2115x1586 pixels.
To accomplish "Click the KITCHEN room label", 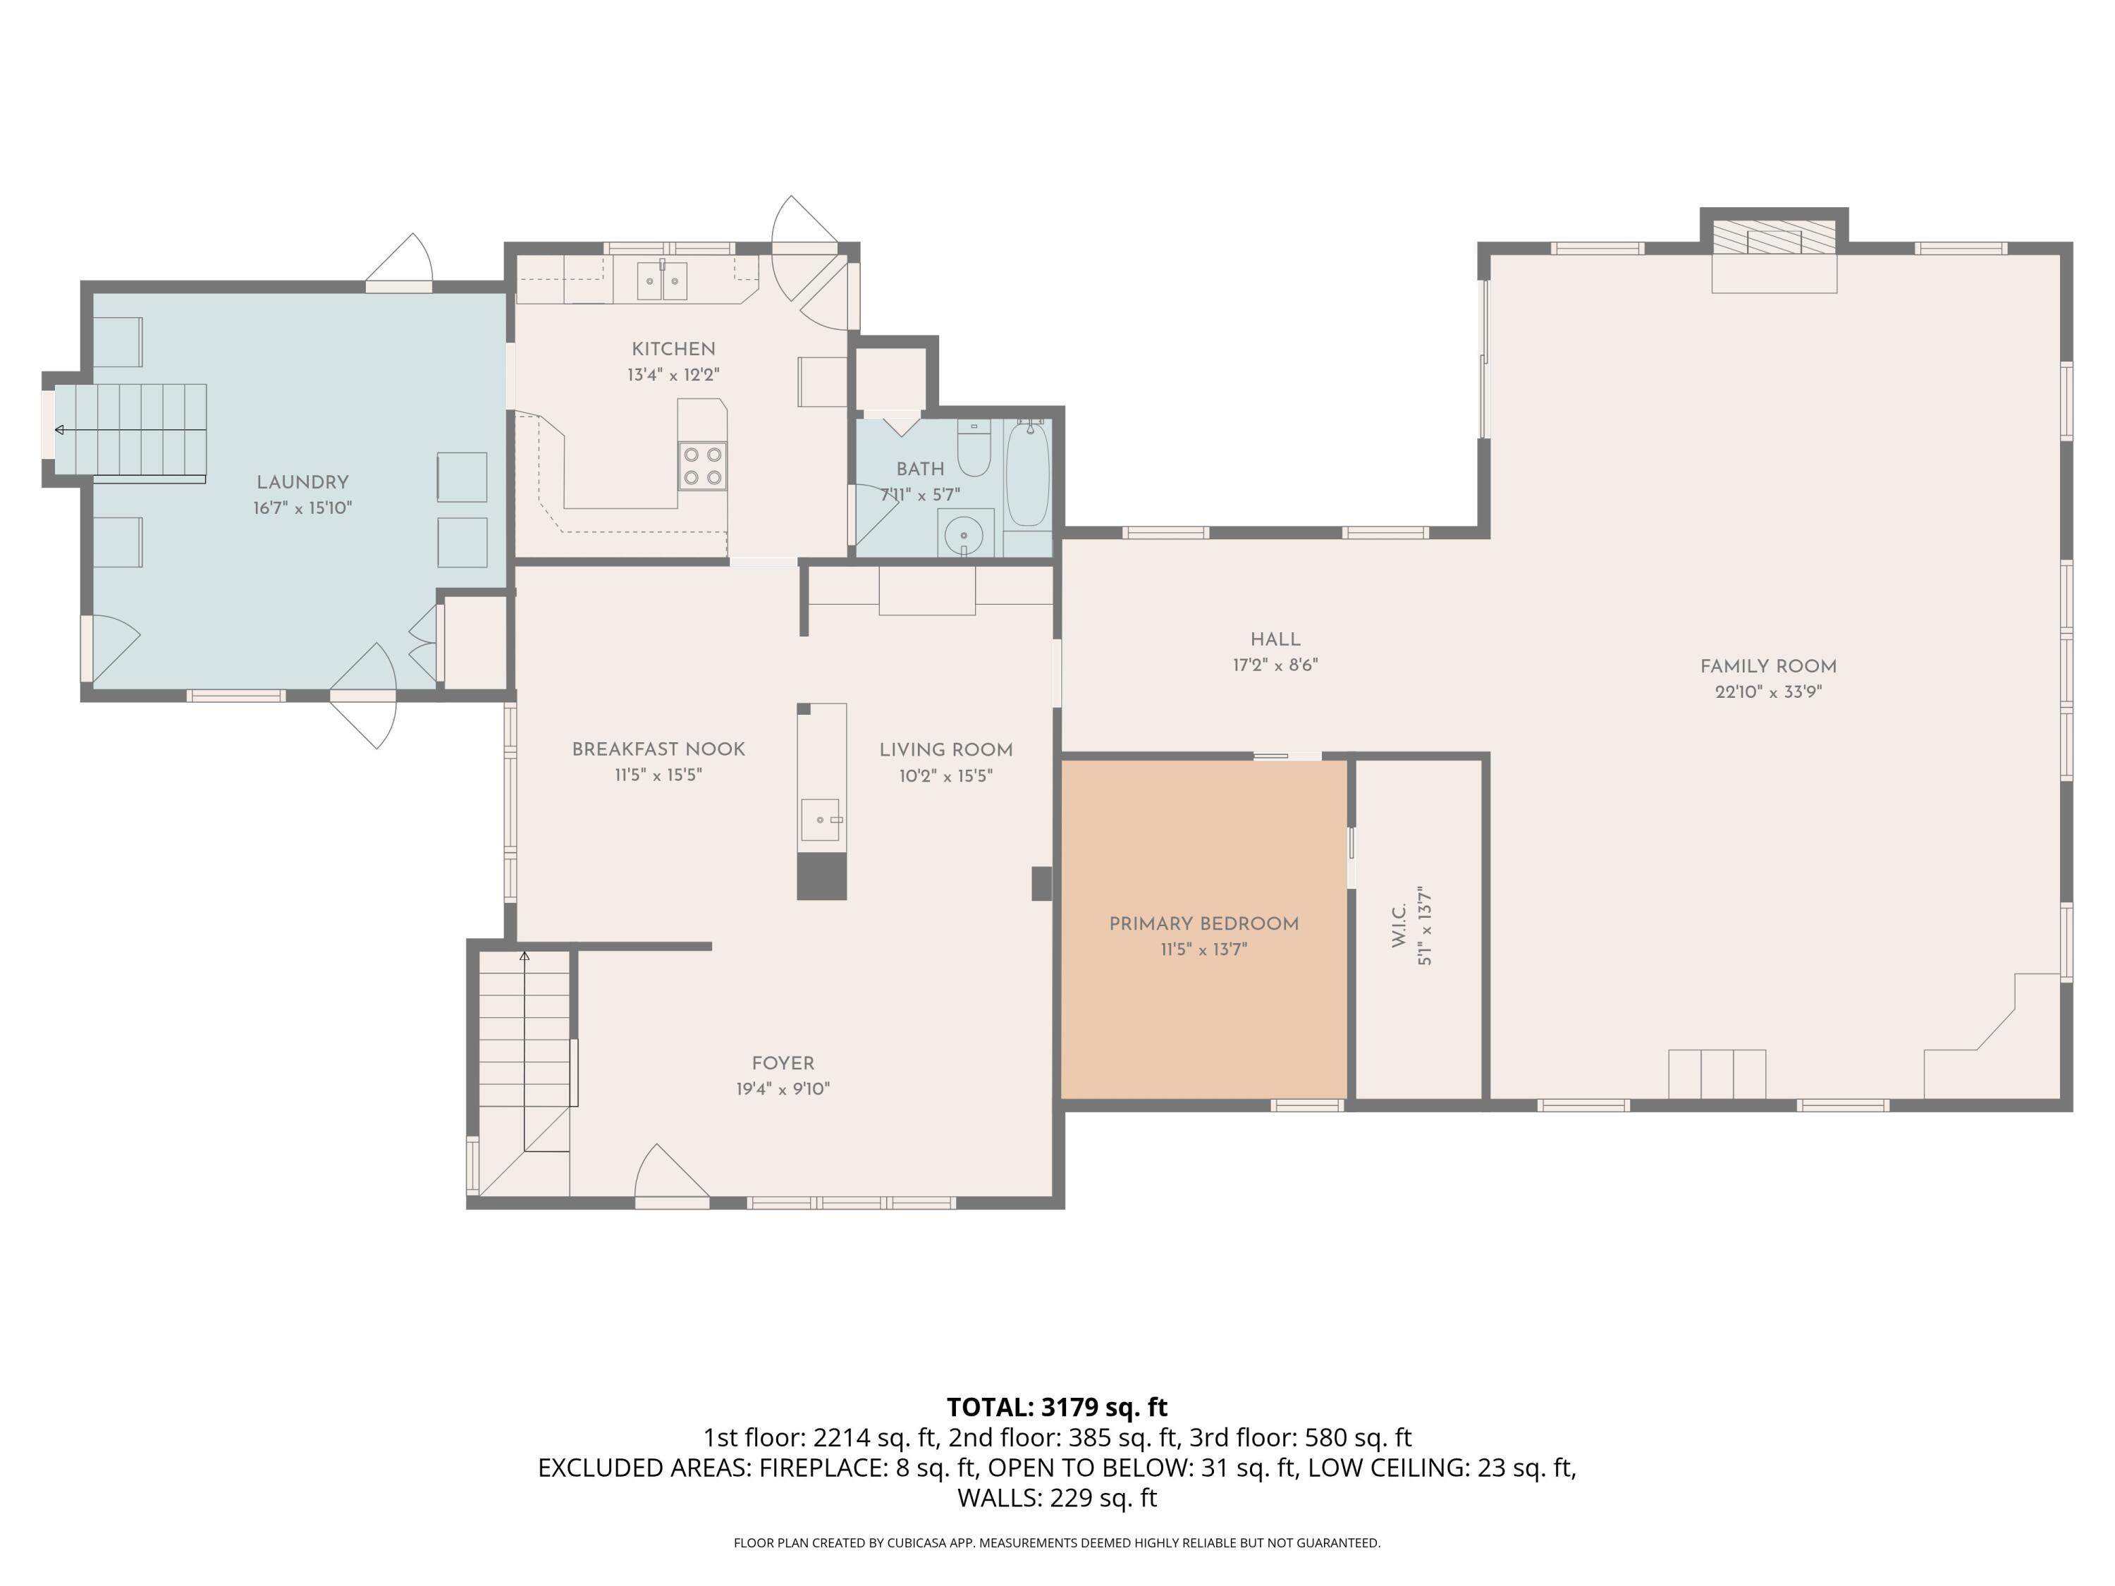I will click(x=673, y=349).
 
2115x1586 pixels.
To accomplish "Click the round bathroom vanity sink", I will click(x=964, y=535).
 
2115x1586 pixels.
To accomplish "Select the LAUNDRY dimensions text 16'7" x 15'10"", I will click(x=302, y=509).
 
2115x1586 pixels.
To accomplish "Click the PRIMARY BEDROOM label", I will click(x=1204, y=923).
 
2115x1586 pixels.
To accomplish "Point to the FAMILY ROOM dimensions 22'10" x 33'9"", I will click(x=1768, y=692).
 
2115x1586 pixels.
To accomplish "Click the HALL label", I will click(x=1275, y=639).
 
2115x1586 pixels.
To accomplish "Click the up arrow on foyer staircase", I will click(x=524, y=956).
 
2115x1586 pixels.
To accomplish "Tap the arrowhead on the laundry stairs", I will click(x=59, y=430).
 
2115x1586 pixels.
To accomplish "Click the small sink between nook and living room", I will click(x=821, y=819).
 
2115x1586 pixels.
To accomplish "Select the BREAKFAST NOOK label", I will click(x=658, y=749).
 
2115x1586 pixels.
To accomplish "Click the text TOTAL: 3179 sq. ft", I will click(x=1057, y=1407).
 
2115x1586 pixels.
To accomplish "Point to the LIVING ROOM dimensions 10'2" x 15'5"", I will click(x=945, y=776).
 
